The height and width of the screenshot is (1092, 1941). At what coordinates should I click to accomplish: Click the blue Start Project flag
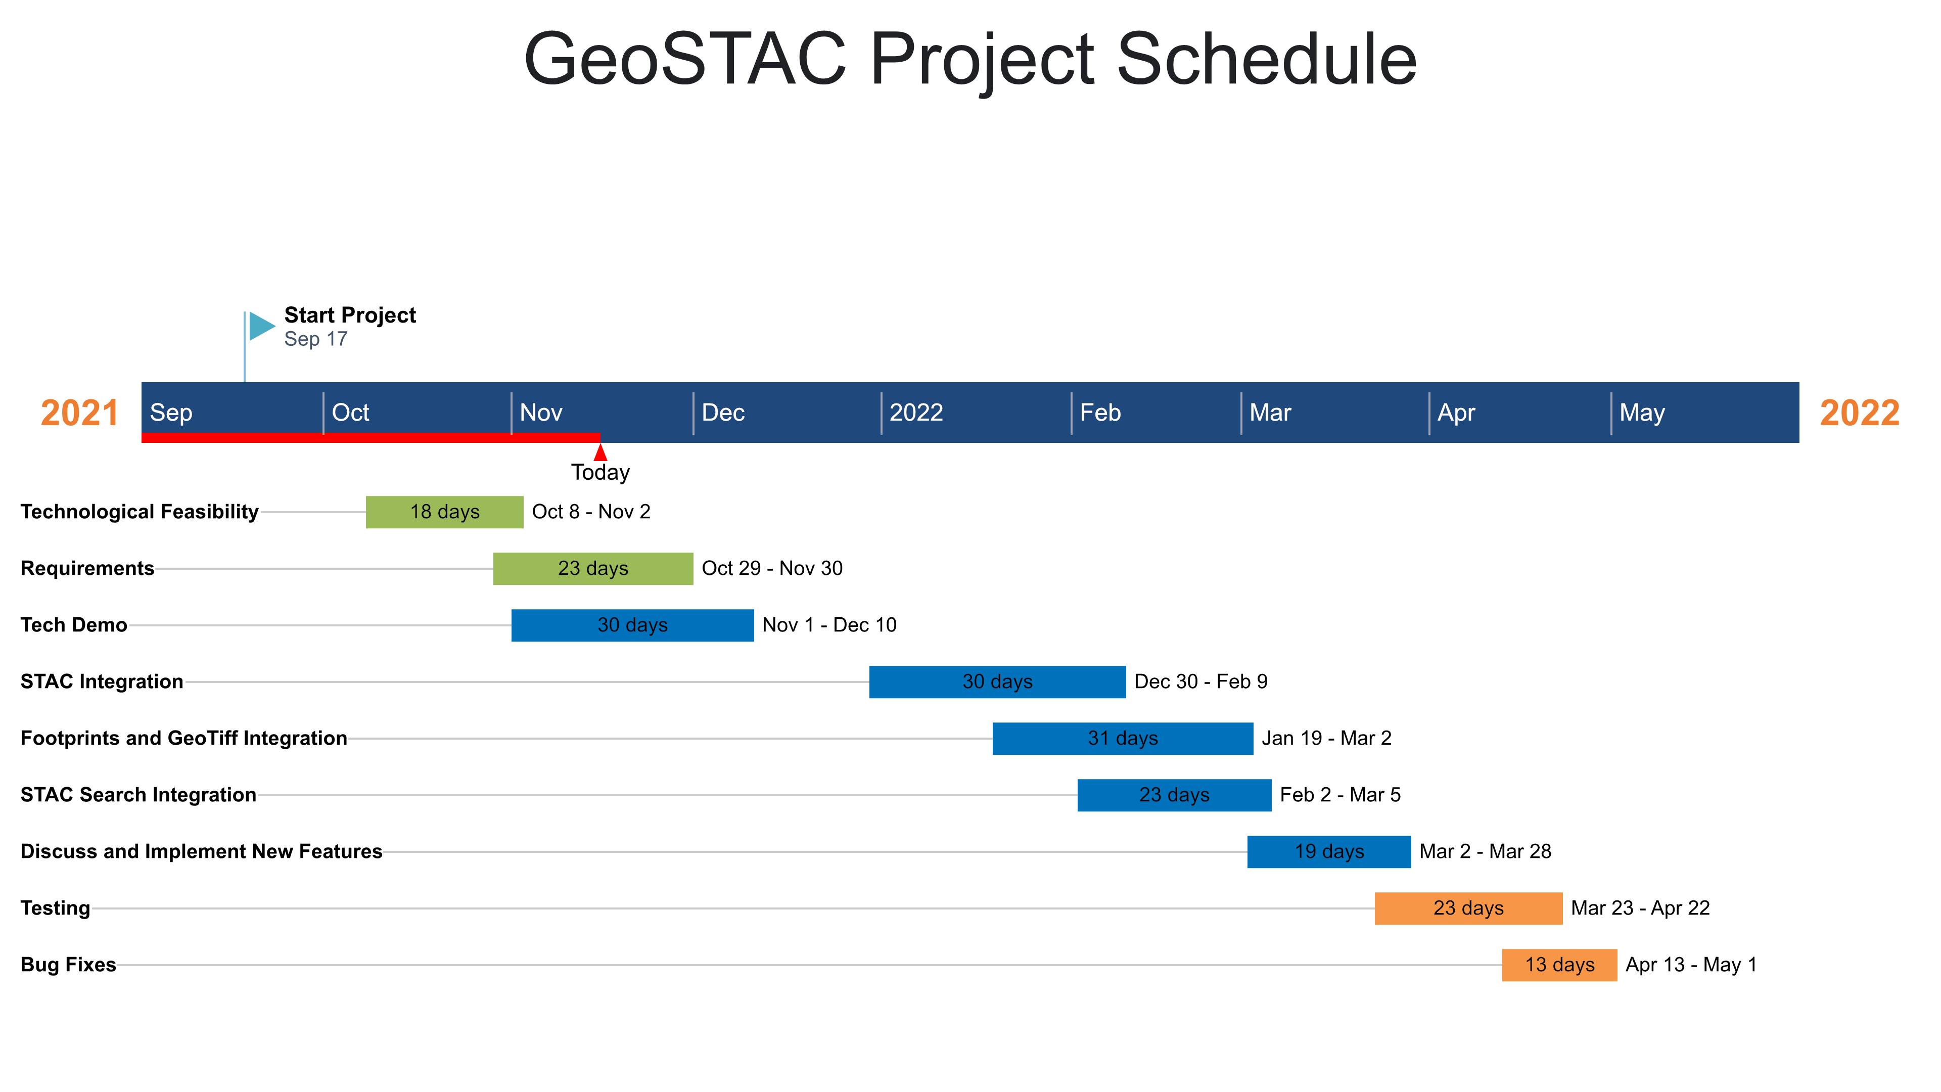(x=261, y=326)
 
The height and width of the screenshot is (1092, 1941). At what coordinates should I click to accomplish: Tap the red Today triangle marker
(x=600, y=452)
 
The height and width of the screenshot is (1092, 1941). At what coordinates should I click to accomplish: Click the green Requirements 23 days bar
(x=593, y=568)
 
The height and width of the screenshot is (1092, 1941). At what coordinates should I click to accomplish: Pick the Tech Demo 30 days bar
(x=632, y=625)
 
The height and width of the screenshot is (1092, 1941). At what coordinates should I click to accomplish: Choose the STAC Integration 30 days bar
(x=998, y=681)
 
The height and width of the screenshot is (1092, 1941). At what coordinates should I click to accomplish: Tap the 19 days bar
(x=1329, y=851)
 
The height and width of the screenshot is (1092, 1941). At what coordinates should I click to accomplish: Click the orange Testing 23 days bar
(x=1468, y=907)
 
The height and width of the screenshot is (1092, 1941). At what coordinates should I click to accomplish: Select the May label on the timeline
(x=1643, y=413)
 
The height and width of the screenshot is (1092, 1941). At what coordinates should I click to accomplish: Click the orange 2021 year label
(x=80, y=413)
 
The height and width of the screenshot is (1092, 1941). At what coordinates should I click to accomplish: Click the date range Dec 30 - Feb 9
(x=1201, y=681)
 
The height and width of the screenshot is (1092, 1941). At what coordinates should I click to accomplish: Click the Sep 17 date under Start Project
(x=316, y=339)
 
